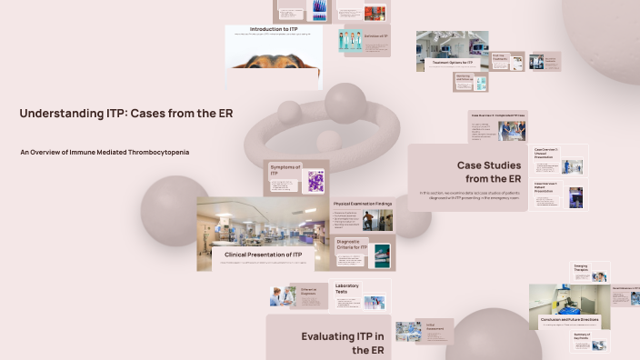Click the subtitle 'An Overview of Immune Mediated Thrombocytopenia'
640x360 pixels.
tap(105, 152)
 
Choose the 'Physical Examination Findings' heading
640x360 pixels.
tap(363, 204)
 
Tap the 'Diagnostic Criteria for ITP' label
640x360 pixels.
tap(352, 245)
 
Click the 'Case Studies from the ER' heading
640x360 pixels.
tap(488, 172)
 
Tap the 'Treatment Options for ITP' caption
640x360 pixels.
tap(452, 63)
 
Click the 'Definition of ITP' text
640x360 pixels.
tap(375, 35)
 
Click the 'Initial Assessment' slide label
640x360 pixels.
tap(436, 325)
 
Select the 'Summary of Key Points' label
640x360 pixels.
tap(583, 338)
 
